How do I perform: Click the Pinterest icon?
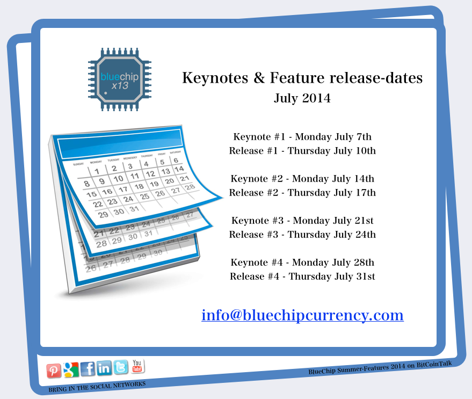[54, 371]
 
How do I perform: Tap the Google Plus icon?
[71, 369]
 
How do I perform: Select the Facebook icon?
[88, 368]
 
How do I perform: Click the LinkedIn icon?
[104, 368]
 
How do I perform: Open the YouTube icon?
[137, 366]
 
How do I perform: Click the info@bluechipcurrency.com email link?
[302, 315]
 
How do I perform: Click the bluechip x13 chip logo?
[120, 79]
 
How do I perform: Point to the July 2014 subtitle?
[302, 98]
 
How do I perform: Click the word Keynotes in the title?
[215, 78]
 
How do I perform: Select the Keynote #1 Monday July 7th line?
[302, 137]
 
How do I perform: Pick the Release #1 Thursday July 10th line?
[302, 151]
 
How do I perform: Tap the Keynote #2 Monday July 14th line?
[302, 179]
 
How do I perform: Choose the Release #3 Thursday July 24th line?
[302, 235]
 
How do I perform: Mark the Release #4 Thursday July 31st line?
[302, 277]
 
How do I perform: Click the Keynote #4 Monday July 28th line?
[302, 263]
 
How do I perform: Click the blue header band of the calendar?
[120, 143]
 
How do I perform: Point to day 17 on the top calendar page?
[123, 190]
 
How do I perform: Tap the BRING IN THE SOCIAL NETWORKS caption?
[97, 387]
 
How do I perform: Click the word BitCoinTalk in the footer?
[434, 365]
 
